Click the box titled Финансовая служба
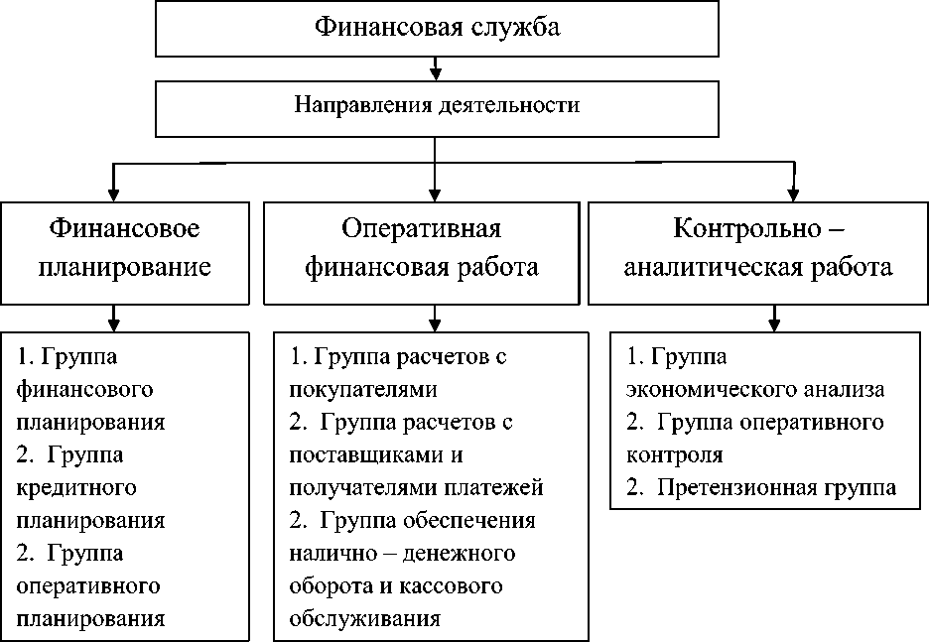point(437,28)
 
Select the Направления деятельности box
point(436,105)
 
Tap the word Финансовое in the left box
point(125,229)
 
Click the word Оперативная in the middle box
point(422,229)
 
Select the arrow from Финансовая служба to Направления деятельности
point(436,67)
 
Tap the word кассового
point(450,586)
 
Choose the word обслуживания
point(364,619)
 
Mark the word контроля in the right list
point(674,454)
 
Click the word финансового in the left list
point(85,388)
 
